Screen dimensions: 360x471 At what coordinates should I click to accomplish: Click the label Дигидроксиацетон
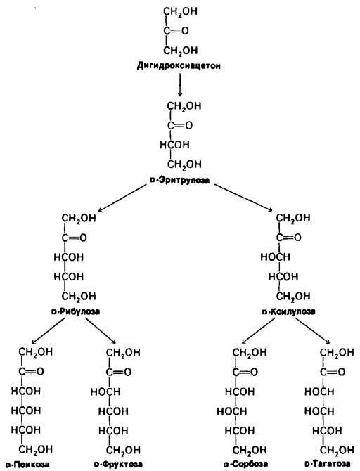click(179, 65)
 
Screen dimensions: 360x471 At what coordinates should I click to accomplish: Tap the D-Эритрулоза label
click(179, 180)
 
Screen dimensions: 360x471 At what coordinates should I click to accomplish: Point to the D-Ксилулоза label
click(288, 311)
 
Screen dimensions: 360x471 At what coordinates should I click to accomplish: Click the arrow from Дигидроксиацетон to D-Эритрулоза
click(180, 84)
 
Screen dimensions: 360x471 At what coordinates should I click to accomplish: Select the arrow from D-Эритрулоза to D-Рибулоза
click(122, 198)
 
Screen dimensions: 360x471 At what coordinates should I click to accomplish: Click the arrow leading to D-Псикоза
click(48, 330)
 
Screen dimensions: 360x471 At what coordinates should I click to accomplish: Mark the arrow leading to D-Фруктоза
click(101, 330)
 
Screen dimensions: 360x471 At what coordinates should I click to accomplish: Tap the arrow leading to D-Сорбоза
click(260, 330)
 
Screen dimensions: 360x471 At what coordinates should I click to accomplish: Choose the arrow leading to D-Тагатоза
click(312, 330)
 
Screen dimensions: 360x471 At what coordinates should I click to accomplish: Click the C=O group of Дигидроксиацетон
click(176, 31)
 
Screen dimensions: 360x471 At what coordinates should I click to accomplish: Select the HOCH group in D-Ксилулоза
click(275, 257)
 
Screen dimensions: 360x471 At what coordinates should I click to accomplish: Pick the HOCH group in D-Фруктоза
click(105, 392)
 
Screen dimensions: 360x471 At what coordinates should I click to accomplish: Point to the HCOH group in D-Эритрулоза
click(174, 145)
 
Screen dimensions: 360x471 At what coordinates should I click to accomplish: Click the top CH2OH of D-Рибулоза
click(79, 218)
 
